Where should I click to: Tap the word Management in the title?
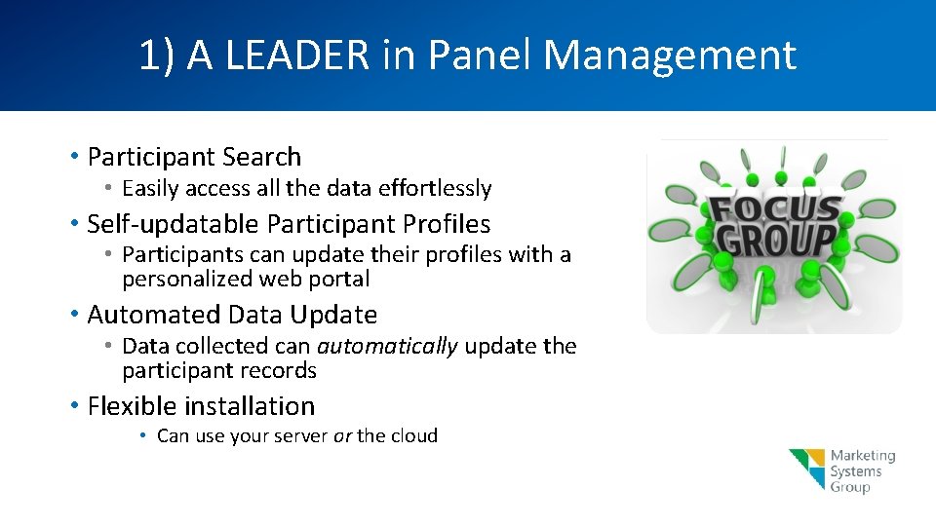point(670,56)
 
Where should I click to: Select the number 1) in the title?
point(157,56)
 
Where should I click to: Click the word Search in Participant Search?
point(261,157)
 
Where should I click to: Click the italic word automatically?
point(387,346)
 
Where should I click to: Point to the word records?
point(283,371)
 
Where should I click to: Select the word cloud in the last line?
point(414,435)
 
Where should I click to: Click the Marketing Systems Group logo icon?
point(807,470)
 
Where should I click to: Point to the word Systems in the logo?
point(855,471)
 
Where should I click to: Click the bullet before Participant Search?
point(75,157)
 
